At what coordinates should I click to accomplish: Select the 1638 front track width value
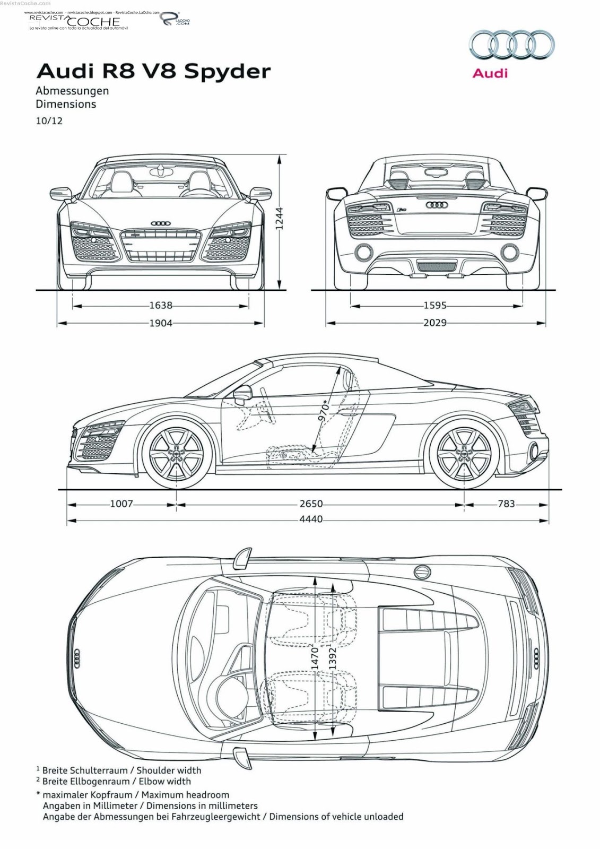(161, 306)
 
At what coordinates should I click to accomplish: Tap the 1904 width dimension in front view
(161, 323)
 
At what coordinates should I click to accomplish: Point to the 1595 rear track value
(435, 306)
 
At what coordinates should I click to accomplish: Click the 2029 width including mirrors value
(435, 323)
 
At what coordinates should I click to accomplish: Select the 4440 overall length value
(311, 519)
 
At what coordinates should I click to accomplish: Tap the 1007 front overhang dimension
(121, 504)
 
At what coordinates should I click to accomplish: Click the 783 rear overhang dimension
(506, 504)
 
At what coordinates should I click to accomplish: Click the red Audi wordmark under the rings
(490, 73)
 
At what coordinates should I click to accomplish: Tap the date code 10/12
(49, 121)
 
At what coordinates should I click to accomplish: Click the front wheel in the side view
(176, 454)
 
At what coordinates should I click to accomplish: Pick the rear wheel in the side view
(464, 454)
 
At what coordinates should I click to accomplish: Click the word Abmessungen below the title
(72, 91)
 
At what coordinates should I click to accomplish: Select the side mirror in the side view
(242, 394)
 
